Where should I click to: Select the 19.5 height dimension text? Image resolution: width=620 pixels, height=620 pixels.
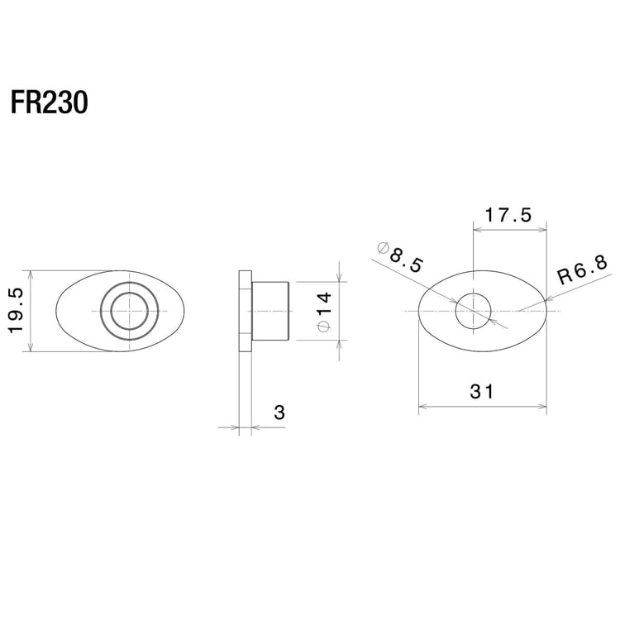16,312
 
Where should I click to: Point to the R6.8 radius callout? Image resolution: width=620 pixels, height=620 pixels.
583,269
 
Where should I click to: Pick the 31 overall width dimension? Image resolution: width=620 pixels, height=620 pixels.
482,393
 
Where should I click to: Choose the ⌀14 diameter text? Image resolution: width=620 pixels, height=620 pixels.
323,312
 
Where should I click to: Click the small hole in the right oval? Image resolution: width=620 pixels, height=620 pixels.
473,310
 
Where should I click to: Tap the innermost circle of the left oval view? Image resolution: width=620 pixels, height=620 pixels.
129,311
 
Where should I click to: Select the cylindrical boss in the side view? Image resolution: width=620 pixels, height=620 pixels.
270,311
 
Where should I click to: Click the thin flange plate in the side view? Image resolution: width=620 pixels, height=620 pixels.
243,311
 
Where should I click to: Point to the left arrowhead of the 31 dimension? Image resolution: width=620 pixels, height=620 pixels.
423,406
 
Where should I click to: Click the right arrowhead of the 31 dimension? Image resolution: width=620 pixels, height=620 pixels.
542,406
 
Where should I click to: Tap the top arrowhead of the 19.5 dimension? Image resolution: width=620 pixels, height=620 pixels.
30,274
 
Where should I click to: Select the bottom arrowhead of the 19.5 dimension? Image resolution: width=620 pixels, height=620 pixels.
30,350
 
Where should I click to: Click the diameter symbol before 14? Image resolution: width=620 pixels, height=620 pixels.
323,327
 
